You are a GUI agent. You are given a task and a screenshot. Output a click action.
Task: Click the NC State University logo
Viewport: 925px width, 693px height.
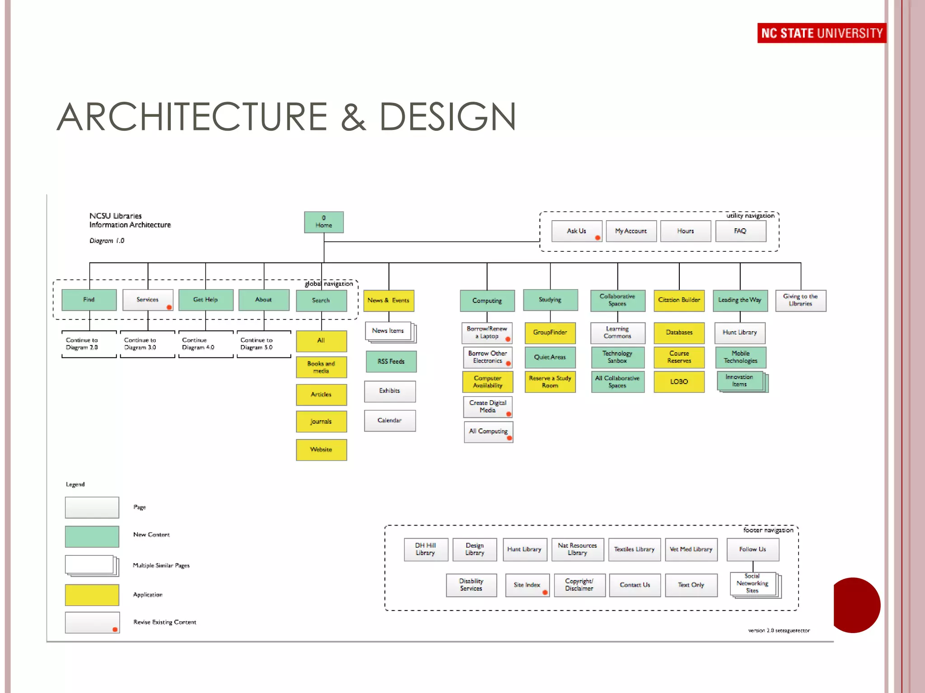tap(822, 33)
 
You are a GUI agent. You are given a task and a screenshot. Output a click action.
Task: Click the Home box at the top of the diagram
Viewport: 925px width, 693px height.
tap(323, 222)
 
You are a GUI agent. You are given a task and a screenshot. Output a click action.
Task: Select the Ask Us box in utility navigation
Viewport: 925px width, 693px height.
tap(577, 231)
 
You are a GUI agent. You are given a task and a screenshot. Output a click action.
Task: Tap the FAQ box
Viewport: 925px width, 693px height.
tap(740, 231)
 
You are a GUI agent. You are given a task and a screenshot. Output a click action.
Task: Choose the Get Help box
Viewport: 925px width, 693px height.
tap(206, 300)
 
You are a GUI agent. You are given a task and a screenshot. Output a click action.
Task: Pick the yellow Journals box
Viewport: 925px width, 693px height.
tap(321, 421)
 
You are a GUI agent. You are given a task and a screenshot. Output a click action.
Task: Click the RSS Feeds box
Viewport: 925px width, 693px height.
tap(391, 361)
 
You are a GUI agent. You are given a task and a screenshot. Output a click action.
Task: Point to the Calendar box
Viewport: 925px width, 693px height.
tap(389, 420)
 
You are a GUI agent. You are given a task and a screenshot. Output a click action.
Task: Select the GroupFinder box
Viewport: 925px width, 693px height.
tap(550, 333)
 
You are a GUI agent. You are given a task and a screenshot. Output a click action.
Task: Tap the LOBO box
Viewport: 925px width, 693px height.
tap(679, 382)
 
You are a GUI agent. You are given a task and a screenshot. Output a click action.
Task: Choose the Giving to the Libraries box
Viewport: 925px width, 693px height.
tap(800, 300)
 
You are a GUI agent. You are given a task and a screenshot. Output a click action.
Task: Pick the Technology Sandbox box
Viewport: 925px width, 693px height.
tap(617, 357)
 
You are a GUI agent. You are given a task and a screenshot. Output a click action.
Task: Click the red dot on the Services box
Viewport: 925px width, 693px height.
tap(169, 307)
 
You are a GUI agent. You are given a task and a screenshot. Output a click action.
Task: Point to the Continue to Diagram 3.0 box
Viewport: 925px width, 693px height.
tap(147, 344)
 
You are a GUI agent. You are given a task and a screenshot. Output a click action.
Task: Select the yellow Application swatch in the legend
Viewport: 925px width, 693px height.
tap(92, 595)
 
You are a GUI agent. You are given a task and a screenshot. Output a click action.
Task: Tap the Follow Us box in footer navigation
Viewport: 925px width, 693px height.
tap(752, 550)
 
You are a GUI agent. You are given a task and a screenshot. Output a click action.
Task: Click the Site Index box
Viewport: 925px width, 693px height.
tap(527, 585)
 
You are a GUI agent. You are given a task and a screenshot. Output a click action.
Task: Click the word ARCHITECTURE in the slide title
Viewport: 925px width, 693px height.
tap(192, 117)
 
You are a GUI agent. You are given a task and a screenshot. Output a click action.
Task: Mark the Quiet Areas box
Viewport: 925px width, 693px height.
tap(550, 357)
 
